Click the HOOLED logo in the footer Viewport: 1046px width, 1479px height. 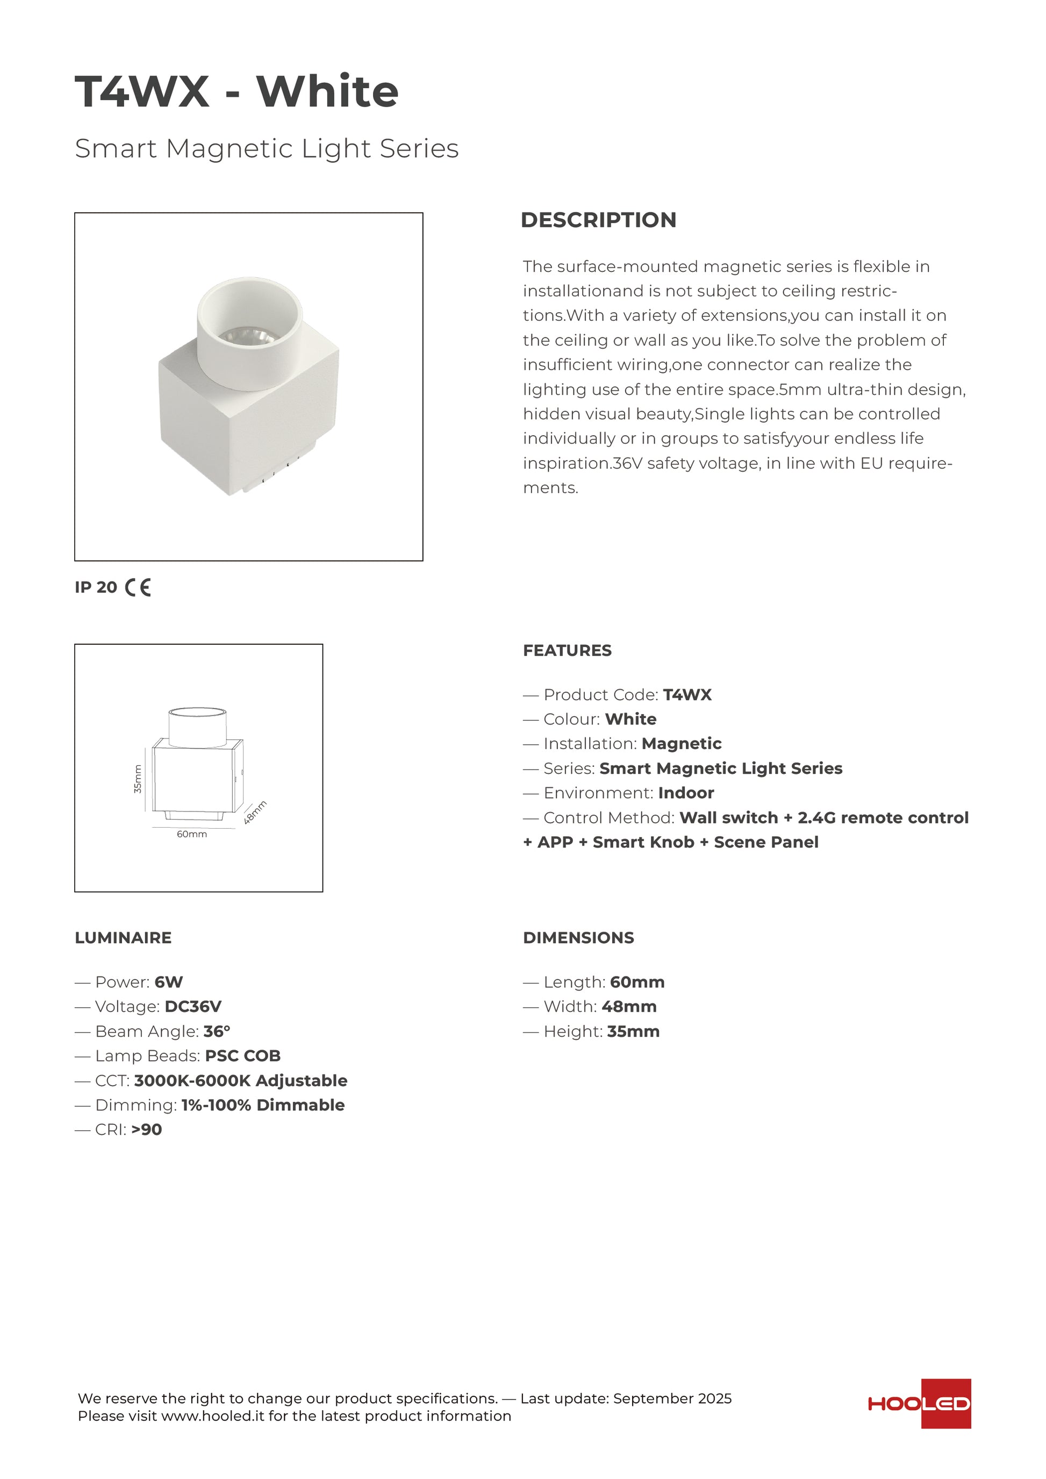(919, 1404)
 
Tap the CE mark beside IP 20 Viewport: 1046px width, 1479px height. (138, 587)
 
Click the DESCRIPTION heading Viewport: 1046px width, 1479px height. (598, 220)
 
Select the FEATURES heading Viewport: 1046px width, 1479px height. (567, 651)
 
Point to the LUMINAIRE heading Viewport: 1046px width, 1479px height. (123, 938)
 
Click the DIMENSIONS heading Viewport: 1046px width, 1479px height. (578, 938)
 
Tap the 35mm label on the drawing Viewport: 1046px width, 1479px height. (138, 778)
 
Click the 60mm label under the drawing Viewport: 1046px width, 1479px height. (192, 834)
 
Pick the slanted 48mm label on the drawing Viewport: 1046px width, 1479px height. (256, 812)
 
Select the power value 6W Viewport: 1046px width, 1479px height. (169, 982)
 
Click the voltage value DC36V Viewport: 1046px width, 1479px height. (193, 1007)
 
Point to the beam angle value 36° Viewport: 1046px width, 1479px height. (217, 1031)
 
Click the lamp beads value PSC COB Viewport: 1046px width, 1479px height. (243, 1056)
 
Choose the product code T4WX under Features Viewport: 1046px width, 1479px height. (687, 695)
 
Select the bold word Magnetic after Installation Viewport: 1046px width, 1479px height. (682, 744)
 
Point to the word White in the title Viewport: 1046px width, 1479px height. (328, 91)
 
